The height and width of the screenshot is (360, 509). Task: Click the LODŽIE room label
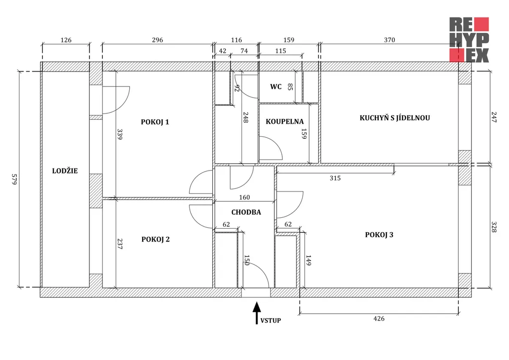(65, 171)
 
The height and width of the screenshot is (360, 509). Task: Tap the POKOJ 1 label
(155, 122)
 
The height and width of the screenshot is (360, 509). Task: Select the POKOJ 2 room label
(156, 240)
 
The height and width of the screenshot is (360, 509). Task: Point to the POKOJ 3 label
(379, 235)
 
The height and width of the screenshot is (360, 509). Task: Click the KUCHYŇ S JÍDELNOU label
(395, 117)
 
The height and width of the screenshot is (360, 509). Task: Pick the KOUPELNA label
(285, 122)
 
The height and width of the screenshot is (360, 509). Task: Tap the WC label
(276, 87)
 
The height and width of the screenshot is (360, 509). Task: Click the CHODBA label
(246, 212)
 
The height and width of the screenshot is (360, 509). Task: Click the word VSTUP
(271, 321)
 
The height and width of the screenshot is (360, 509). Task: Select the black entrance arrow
(257, 313)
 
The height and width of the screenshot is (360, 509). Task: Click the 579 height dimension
(14, 179)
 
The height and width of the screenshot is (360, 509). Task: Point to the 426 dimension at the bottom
(379, 319)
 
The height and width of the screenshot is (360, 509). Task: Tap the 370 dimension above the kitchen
(390, 40)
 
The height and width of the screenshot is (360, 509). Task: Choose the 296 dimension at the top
(158, 40)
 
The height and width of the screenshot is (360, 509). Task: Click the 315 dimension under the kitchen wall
(335, 178)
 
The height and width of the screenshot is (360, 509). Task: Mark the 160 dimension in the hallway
(245, 197)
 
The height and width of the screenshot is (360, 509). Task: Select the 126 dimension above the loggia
(66, 40)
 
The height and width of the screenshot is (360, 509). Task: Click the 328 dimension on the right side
(494, 227)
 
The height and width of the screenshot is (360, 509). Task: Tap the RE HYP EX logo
(469, 40)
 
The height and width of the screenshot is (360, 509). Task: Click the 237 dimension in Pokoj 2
(119, 244)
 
